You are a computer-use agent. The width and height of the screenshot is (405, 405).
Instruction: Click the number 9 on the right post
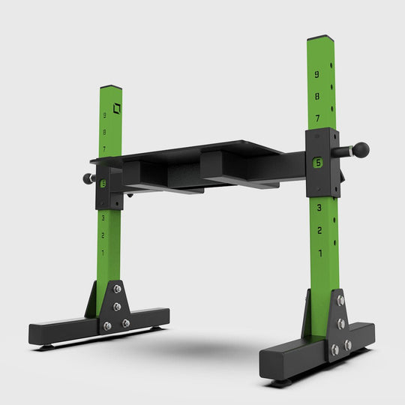(317, 74)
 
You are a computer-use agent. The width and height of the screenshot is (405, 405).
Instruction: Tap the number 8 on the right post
(317, 96)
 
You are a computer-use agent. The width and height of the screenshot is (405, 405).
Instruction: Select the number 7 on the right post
(317, 118)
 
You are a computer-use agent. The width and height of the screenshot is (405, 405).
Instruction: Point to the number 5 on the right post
(319, 162)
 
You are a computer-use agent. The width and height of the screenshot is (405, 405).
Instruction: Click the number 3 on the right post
(319, 207)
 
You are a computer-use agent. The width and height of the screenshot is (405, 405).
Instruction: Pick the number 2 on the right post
(320, 229)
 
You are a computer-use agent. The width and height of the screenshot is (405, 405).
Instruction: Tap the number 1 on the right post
(321, 253)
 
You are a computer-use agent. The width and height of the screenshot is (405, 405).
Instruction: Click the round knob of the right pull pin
(361, 150)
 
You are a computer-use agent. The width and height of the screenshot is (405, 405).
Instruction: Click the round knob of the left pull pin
(86, 179)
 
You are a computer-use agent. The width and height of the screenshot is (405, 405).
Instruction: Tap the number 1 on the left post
(103, 253)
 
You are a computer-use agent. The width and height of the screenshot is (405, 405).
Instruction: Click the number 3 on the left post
(103, 217)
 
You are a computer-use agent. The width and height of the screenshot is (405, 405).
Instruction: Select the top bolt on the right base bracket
(340, 301)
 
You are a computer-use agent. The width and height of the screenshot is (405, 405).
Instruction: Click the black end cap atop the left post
(111, 87)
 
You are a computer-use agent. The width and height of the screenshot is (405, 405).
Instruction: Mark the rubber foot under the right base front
(280, 382)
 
